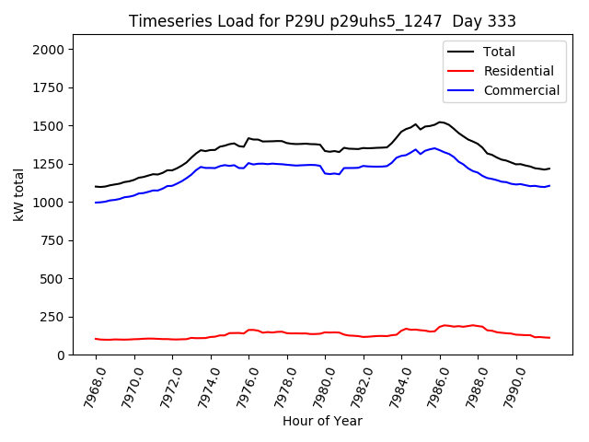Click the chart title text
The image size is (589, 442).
(322, 21)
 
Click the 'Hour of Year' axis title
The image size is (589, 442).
(322, 421)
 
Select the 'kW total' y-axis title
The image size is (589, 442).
(18, 195)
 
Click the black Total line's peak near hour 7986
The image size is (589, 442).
(441, 122)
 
